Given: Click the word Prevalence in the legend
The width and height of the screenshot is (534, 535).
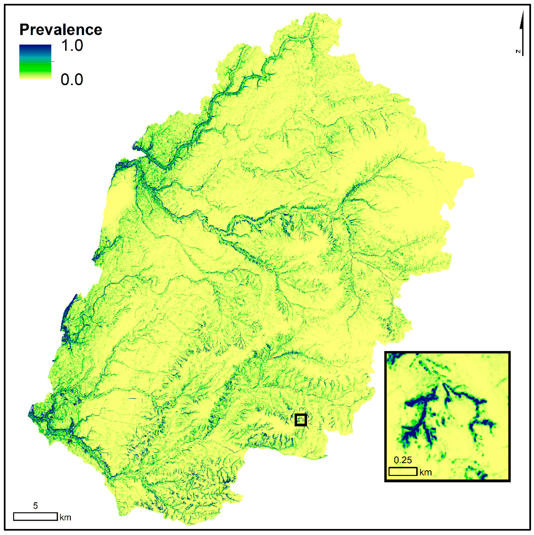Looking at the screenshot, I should (x=61, y=30).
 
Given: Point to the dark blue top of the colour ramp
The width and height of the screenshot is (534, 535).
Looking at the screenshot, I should (x=35, y=48).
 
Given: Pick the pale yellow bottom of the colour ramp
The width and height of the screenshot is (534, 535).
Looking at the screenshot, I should (x=35, y=76).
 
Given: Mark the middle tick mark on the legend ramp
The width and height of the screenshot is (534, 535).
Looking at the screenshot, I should (x=53, y=62).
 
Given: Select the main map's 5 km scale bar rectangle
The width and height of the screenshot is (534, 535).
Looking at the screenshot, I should (x=35, y=517).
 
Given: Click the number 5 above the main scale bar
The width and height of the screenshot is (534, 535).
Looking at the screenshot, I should (x=35, y=506).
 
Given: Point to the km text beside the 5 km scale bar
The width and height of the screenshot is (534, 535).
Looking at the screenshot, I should (x=65, y=517).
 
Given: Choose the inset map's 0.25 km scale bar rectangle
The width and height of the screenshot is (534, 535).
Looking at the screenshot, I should (x=403, y=472).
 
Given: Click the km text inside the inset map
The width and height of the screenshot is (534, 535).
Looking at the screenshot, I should (x=426, y=472).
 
